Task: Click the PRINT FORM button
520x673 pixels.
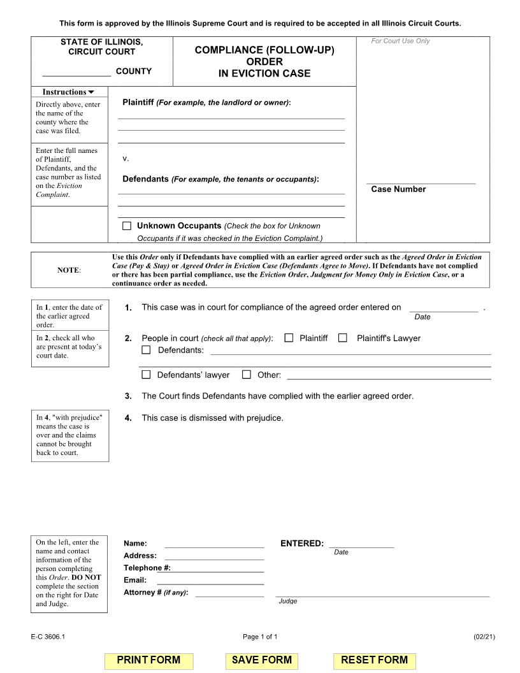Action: click(x=148, y=660)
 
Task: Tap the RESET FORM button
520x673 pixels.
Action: click(x=374, y=660)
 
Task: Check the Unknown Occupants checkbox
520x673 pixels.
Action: click(x=127, y=226)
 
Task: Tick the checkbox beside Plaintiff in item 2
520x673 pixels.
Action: click(x=289, y=338)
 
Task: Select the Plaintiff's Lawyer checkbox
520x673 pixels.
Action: click(x=343, y=338)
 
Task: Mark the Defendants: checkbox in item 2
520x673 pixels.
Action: click(x=146, y=350)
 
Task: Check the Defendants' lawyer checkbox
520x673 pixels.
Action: click(x=146, y=375)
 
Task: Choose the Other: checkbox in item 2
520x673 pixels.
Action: click(x=247, y=375)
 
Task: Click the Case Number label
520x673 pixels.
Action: click(x=398, y=189)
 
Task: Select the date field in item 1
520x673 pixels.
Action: click(x=443, y=308)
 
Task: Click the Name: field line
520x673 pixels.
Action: click(x=214, y=544)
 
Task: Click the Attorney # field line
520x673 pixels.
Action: click(x=229, y=593)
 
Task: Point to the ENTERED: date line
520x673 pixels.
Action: click(x=361, y=544)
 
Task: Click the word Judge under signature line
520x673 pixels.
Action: click(x=287, y=601)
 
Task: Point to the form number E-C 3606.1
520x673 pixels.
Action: click(x=47, y=637)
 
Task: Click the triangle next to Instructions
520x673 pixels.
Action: click(x=91, y=92)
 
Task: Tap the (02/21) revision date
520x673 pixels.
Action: click(x=484, y=637)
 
